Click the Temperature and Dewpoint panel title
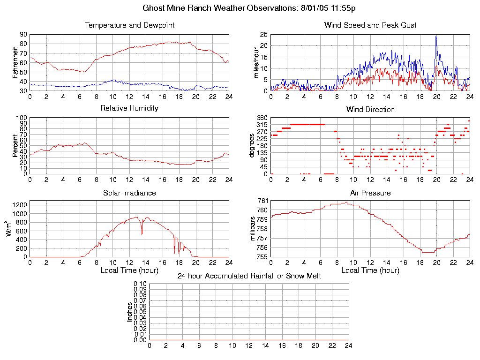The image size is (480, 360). [129, 25]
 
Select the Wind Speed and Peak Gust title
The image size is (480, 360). [370, 25]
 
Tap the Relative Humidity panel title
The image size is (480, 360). [129, 108]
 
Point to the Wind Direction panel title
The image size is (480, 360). [370, 109]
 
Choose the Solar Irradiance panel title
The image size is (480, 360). [129, 193]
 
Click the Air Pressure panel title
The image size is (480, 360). [370, 193]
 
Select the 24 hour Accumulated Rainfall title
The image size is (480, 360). [249, 276]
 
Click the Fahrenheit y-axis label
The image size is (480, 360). [15, 62]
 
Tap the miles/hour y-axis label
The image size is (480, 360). [256, 62]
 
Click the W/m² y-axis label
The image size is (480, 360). [9, 229]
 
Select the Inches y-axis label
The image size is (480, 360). [129, 312]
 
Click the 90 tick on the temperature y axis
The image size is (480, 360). [23, 34]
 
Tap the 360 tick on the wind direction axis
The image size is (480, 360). [262, 118]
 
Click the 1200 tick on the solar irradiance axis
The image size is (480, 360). [20, 204]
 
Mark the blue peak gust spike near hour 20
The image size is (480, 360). [436, 37]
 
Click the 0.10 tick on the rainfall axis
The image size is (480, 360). [140, 284]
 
